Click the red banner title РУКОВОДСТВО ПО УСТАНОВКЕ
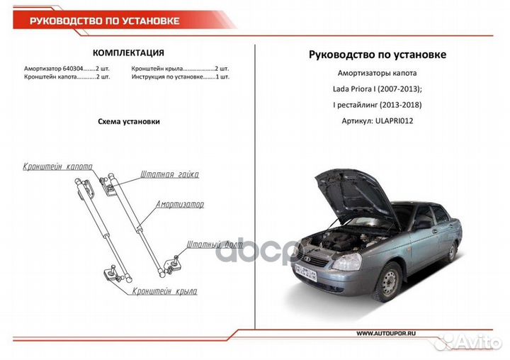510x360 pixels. (x=103, y=21)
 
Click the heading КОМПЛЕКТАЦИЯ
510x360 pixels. (x=128, y=52)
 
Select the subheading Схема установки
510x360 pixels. (x=128, y=121)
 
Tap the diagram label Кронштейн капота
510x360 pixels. (x=57, y=167)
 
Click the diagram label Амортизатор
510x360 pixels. (x=180, y=204)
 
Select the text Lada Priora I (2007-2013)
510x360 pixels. (x=378, y=89)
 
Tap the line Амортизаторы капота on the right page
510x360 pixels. (x=378, y=74)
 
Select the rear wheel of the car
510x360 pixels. (x=452, y=250)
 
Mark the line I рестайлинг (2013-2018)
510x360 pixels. (x=378, y=106)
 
